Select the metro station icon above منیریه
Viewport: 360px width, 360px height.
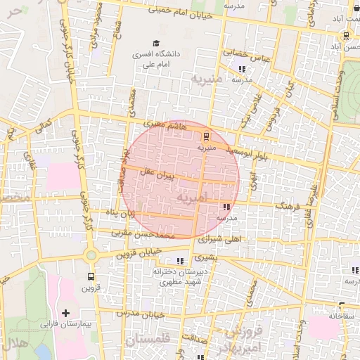coord(205,136)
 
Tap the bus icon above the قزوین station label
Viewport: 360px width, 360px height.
coord(91,276)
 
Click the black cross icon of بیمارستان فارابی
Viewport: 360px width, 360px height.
coord(66,312)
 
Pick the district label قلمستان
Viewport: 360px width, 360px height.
coord(148,340)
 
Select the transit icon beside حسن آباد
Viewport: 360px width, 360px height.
coord(346,35)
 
